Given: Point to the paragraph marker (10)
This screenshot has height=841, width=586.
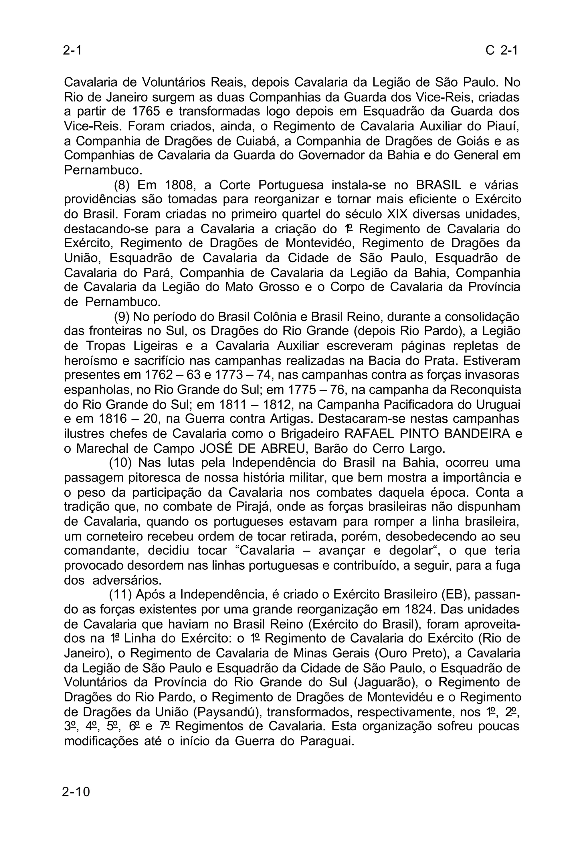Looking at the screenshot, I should (x=120, y=463).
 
